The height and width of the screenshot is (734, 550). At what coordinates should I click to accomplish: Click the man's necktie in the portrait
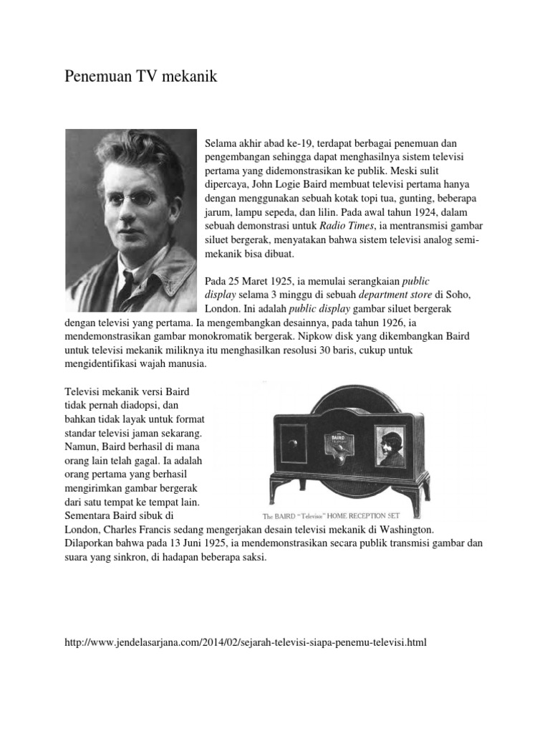point(126,287)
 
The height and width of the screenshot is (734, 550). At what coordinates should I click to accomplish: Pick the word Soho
point(450,295)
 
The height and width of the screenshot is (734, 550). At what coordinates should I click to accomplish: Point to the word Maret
point(258,281)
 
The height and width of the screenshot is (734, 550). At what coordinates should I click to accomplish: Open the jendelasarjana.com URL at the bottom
point(245,642)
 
